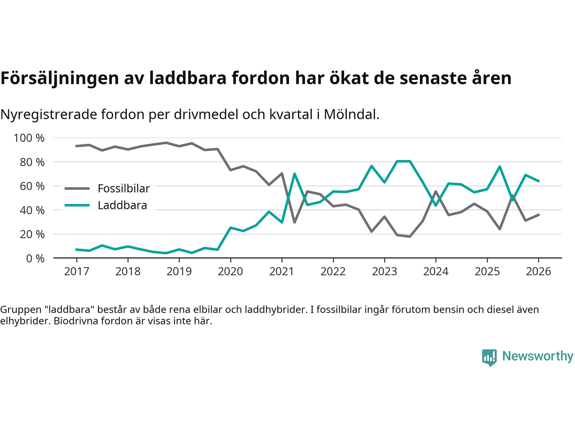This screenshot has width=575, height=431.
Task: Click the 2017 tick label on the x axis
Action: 77,272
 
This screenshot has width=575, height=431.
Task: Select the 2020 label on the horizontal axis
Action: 230,272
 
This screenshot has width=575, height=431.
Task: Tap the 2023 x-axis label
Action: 385,272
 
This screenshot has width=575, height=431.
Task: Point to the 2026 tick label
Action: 538,272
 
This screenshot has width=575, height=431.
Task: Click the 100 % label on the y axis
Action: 29,138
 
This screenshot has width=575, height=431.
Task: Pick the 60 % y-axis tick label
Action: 32,186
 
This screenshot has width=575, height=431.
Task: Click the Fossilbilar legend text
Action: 124,189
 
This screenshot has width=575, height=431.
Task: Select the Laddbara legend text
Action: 122,205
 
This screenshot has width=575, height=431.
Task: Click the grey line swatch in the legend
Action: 77,189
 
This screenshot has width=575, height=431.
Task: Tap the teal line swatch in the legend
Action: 77,205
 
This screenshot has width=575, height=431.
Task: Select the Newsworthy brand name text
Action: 538,356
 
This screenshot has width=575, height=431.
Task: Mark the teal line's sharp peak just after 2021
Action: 294,174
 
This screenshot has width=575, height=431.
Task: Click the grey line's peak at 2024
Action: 436,192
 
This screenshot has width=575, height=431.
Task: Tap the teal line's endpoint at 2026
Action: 539,181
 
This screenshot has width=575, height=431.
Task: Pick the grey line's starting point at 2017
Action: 76,146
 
